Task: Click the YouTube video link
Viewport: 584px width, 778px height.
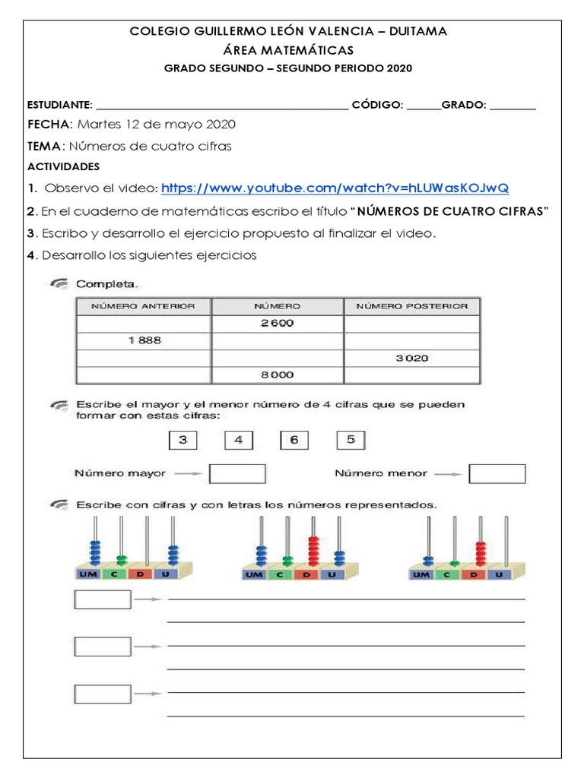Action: (x=335, y=188)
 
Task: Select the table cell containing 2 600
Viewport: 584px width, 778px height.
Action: (x=277, y=323)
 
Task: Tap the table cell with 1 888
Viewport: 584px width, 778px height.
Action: (x=144, y=340)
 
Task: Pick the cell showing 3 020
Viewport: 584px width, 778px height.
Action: (x=413, y=358)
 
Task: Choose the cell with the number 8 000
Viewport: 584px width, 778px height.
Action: (x=277, y=375)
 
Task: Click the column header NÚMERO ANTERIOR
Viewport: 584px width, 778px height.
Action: (x=144, y=306)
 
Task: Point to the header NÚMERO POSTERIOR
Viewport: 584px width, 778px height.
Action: (x=413, y=306)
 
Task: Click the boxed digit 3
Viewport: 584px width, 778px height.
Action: (x=182, y=440)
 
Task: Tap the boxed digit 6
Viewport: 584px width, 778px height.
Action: (x=294, y=440)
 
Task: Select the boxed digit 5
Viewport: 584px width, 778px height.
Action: (x=351, y=440)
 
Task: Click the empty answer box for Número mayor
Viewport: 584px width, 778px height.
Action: (x=237, y=474)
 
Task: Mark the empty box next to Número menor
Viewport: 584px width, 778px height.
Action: (x=497, y=474)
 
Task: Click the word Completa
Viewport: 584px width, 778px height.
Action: (x=107, y=284)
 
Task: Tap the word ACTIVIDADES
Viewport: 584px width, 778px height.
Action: (x=63, y=166)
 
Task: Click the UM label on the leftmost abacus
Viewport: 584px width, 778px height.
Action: (x=85, y=575)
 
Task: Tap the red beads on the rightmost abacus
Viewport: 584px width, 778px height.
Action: (x=480, y=555)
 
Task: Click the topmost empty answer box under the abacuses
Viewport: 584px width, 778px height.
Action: (x=103, y=599)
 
